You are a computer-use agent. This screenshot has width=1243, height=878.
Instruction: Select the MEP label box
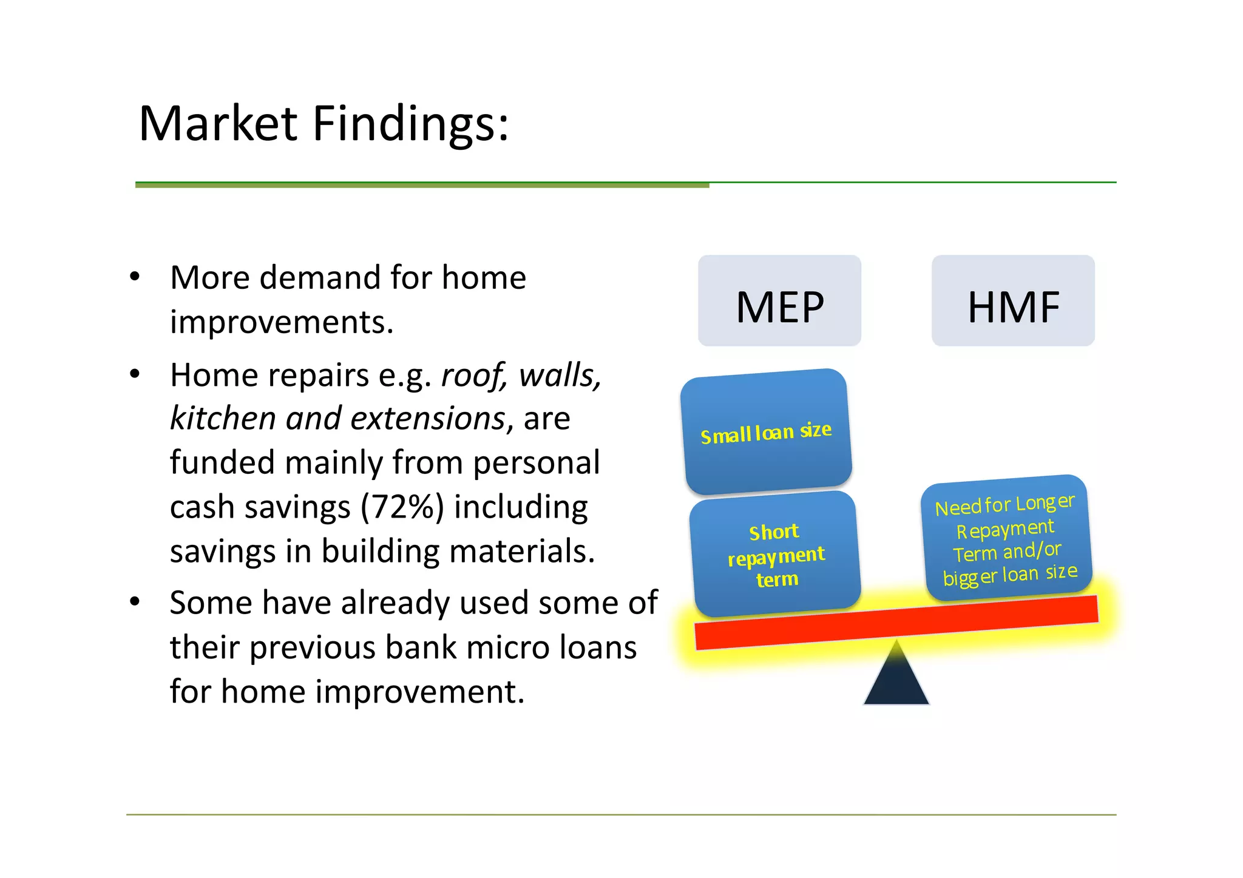[779, 301]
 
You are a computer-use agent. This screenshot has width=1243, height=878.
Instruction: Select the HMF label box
[1013, 301]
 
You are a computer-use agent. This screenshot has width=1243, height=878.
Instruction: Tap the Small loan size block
[766, 432]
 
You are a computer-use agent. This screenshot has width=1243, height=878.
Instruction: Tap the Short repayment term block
[776, 555]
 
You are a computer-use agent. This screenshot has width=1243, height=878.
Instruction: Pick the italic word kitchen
[223, 419]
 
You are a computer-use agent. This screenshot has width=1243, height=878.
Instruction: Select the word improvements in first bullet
[281, 322]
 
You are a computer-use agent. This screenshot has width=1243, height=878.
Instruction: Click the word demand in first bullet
[320, 278]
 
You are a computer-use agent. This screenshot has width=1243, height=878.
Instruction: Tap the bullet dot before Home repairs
[135, 374]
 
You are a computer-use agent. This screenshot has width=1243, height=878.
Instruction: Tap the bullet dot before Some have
[135, 602]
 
